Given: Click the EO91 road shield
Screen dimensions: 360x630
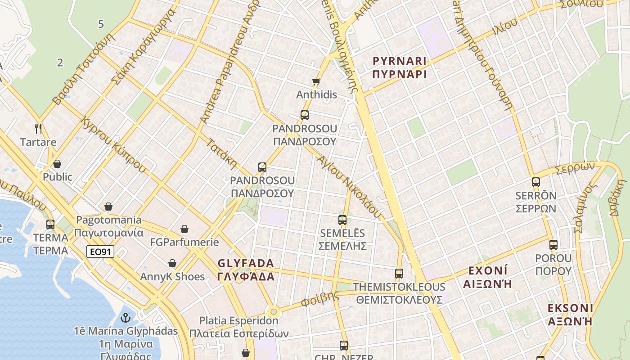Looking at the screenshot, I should point(100,252).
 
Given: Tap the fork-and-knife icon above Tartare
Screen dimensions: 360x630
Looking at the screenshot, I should point(38,129).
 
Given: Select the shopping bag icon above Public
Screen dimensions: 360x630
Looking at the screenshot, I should point(57,164).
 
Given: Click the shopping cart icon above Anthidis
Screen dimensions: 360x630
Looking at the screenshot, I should point(316,81).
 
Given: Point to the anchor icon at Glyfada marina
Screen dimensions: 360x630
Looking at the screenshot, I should point(126,318).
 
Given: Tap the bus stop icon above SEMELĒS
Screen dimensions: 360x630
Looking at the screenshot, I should point(342,220).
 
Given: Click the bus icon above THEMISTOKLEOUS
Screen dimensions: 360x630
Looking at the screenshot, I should point(399,273).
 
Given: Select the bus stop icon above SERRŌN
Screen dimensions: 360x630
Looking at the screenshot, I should point(535,182).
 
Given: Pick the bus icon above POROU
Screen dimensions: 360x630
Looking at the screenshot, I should point(553,245).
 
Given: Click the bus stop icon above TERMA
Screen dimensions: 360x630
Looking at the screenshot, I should point(50,224).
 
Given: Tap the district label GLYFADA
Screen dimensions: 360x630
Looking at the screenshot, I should point(246,263).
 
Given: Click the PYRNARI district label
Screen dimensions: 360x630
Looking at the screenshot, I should point(400,61).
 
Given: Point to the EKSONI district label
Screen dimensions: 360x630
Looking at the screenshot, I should point(570,308).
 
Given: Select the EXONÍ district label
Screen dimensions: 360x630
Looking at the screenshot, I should point(488,271).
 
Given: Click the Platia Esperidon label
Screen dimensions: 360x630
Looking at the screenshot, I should point(238,321).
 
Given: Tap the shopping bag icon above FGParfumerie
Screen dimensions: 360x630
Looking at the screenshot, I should point(184,229).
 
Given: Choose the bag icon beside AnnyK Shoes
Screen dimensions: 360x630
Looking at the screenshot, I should point(172,263).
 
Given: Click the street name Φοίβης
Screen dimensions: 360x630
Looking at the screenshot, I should point(320,298).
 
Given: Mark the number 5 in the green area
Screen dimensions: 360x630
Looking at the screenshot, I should point(101,24).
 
